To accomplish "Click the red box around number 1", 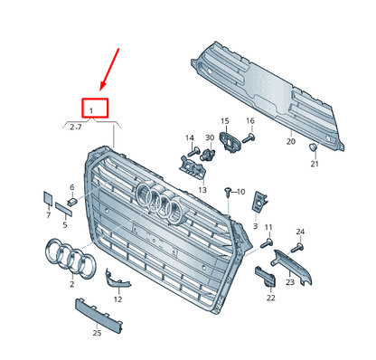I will click(93, 109).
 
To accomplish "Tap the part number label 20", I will click(290, 142).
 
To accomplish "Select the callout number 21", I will click(315, 164).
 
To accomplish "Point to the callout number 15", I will click(224, 120).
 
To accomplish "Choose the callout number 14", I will click(190, 137).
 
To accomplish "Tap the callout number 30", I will click(209, 137).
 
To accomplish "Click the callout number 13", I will click(202, 190).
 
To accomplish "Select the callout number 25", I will click(97, 333).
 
